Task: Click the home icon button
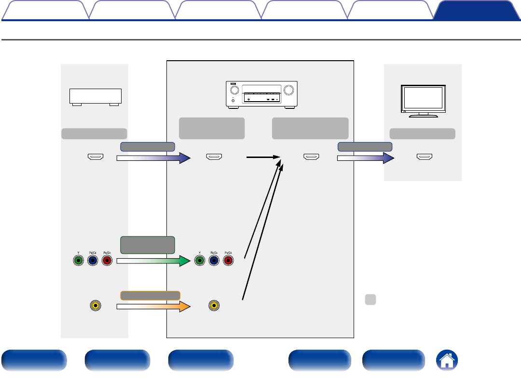click(447, 361)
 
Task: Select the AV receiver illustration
click(261, 94)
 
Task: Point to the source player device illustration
click(95, 97)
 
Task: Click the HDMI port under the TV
click(425, 157)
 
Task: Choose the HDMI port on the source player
click(95, 157)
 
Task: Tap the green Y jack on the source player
click(78, 261)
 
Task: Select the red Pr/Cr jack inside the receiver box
click(229, 261)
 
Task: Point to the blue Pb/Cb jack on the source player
click(93, 261)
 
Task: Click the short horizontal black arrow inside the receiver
click(263, 157)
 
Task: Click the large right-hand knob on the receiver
click(289, 90)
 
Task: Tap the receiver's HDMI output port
click(311, 157)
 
